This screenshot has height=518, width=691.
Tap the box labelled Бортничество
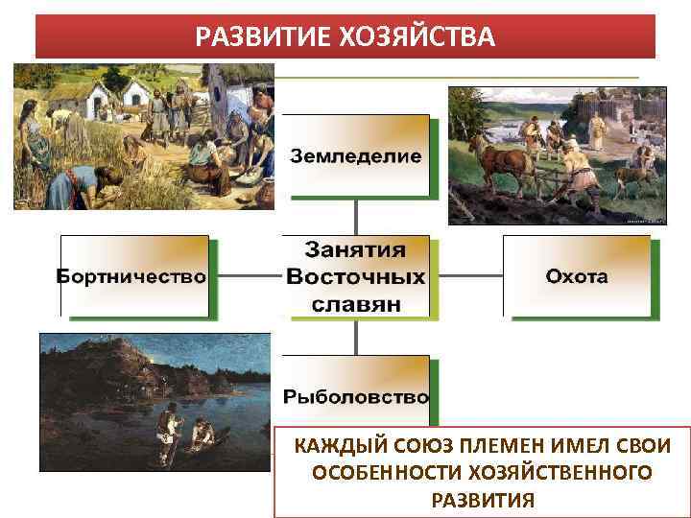click(x=133, y=276)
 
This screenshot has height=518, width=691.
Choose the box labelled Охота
click(x=577, y=276)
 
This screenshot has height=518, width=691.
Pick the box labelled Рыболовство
click(x=356, y=395)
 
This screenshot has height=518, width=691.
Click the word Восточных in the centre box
click(x=356, y=277)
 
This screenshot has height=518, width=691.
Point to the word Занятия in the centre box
click(x=356, y=250)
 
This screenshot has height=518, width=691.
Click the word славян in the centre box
click(x=356, y=303)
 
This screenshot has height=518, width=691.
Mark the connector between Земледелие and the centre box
click(x=356, y=216)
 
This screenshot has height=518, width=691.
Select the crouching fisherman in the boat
click(x=203, y=436)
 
